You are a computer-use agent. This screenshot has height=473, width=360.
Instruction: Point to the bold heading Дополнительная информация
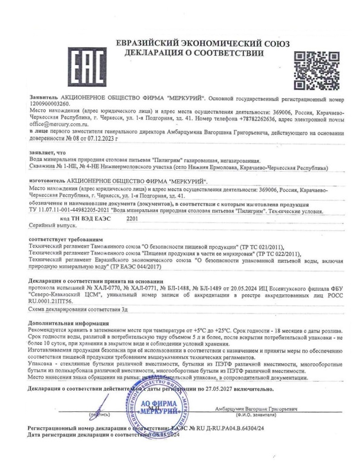click(68, 323)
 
